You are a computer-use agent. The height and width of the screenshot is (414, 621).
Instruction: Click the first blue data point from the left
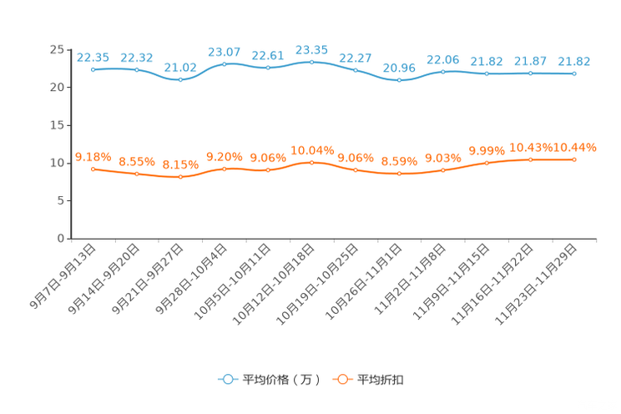93,69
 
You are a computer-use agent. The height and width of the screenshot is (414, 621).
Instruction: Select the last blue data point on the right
574,73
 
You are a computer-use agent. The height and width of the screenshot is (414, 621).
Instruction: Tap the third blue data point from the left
180,79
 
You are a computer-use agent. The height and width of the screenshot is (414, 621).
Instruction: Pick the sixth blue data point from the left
311,61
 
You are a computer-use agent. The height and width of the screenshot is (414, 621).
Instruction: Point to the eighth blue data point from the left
399,80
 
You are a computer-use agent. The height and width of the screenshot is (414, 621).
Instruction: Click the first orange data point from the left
93,169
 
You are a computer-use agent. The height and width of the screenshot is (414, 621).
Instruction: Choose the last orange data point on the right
574,159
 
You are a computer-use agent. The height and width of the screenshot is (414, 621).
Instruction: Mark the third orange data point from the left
180,177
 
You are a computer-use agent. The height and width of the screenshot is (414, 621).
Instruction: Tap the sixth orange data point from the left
311,162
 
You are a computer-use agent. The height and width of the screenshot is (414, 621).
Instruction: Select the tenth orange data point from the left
487,164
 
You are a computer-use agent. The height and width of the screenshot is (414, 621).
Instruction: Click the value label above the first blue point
93,57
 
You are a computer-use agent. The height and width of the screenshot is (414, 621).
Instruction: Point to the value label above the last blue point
575,61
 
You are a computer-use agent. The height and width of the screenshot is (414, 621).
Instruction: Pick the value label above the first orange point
93,156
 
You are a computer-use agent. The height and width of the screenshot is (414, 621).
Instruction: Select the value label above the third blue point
180,67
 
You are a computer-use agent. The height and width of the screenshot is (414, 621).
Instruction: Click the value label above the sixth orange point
311,149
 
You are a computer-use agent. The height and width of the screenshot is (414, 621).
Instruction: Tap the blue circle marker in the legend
227,379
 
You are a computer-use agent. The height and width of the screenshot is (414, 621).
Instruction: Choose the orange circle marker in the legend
341,379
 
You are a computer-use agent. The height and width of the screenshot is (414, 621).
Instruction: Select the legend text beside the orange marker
381,380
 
